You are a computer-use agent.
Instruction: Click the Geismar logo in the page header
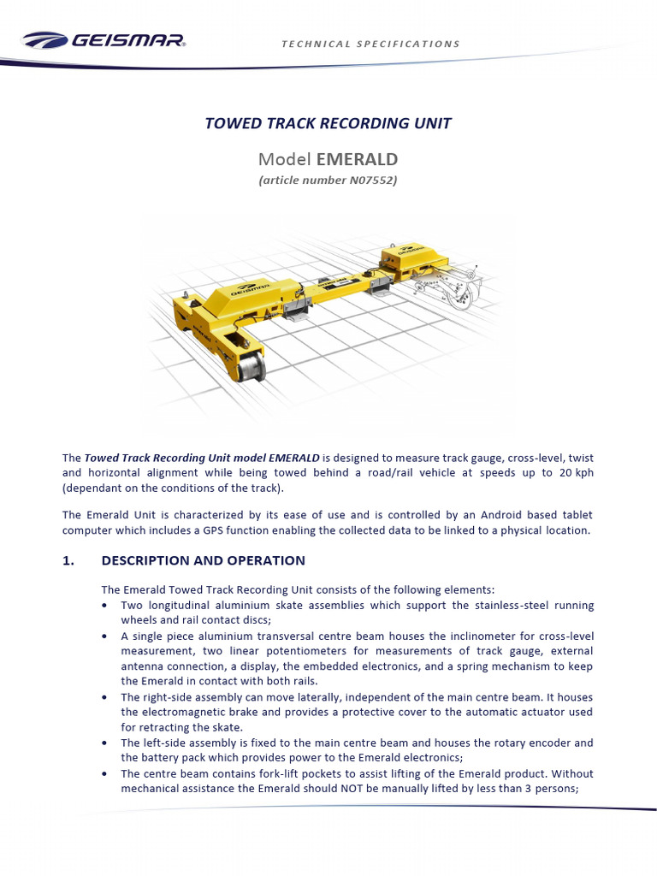click(x=104, y=40)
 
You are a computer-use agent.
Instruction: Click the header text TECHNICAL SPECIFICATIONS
click(x=370, y=44)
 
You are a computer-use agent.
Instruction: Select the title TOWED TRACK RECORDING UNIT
click(x=328, y=123)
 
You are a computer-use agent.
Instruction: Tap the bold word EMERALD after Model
click(x=357, y=159)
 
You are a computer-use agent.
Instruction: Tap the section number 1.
click(x=68, y=561)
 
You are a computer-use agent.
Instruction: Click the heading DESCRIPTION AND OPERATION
click(x=203, y=561)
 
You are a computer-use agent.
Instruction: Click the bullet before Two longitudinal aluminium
click(x=104, y=605)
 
